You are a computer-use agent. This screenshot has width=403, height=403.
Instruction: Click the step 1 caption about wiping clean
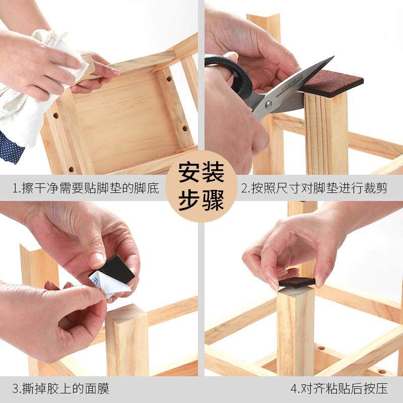(86, 189)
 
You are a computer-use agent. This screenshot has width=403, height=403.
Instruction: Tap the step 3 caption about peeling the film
(60, 388)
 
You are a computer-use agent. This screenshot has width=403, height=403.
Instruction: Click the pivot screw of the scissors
(268, 104)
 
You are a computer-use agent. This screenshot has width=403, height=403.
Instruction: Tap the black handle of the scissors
(232, 76)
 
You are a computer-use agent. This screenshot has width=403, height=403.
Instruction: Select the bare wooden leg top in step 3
(126, 315)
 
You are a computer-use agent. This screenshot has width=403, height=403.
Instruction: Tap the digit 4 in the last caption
(294, 389)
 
